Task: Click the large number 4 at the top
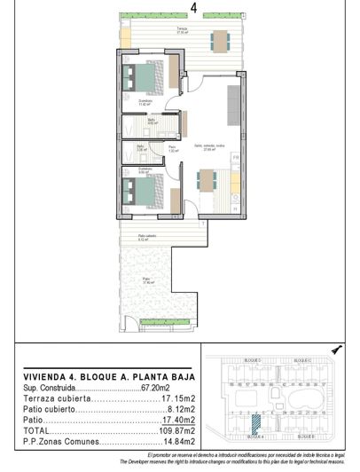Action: [x=193, y=9]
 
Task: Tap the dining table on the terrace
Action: [x=218, y=40]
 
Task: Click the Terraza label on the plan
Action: [x=181, y=29]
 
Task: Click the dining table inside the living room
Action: [x=206, y=180]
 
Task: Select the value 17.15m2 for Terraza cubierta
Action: [x=180, y=399]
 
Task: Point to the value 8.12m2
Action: [x=182, y=410]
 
